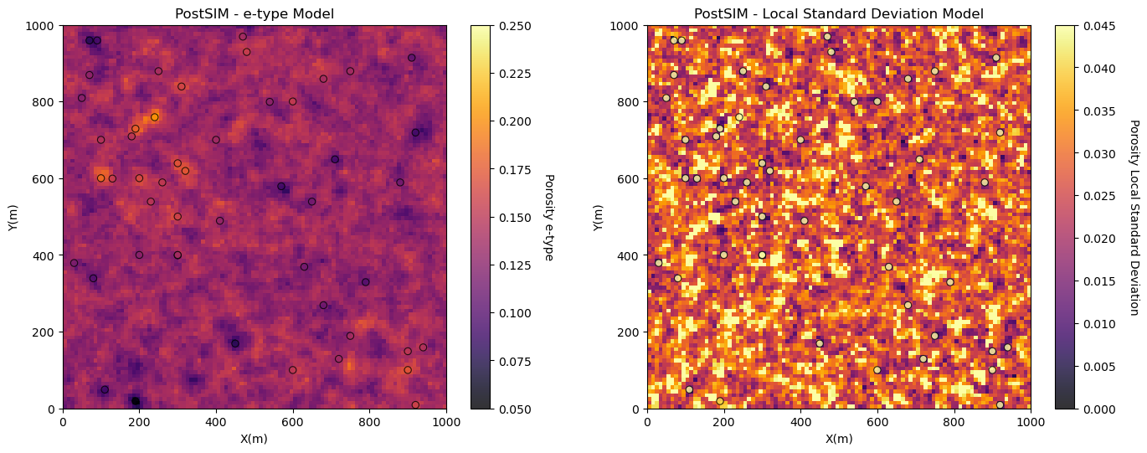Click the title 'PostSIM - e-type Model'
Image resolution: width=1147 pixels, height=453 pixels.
(254, 13)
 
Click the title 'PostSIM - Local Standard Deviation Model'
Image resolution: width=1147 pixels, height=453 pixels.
(838, 13)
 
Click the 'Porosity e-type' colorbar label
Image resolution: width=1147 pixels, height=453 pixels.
(548, 218)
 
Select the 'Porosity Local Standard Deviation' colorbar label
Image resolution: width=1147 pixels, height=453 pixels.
(1134, 218)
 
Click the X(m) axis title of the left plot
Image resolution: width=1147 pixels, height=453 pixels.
(254, 439)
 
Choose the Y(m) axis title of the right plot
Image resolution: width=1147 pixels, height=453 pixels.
(599, 218)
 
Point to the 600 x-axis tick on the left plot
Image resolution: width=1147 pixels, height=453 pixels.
(292, 421)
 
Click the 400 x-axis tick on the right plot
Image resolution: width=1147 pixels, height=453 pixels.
(800, 421)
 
